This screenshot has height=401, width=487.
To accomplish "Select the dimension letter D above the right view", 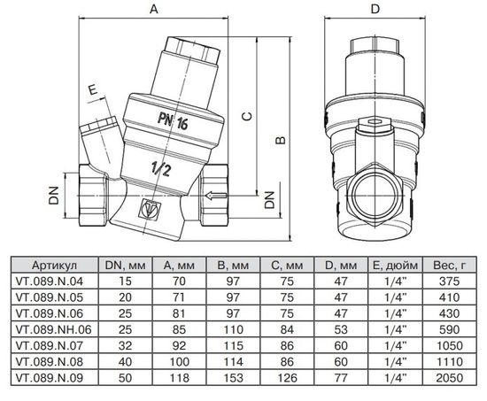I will (375, 10).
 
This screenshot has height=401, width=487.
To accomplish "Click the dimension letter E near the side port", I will (91, 89).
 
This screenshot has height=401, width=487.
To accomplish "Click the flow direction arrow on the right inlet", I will (215, 193).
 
